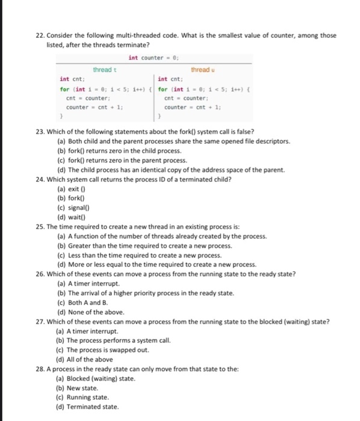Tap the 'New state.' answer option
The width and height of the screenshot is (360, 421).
point(76,388)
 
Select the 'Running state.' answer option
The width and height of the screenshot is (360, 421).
point(83,397)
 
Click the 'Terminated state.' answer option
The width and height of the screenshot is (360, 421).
point(87,407)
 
